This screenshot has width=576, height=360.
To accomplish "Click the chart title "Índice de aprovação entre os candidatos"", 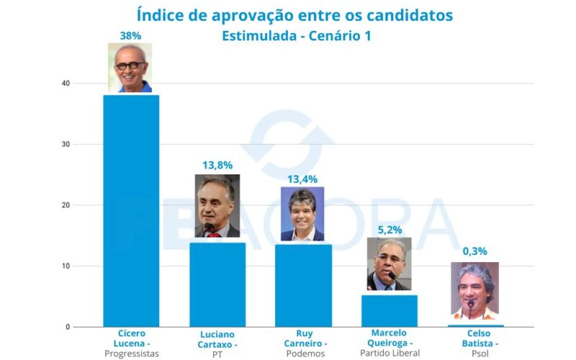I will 295,15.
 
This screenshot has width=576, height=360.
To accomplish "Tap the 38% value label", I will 130,34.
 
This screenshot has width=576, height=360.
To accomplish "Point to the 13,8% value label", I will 217,165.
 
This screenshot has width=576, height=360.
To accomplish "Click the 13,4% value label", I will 302,179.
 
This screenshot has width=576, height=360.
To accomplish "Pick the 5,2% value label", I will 390,230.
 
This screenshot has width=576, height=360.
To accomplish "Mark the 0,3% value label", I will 474,251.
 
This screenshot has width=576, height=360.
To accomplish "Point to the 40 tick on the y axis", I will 66,84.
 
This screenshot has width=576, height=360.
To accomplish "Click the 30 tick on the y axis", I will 66,145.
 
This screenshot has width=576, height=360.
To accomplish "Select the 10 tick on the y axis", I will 66,266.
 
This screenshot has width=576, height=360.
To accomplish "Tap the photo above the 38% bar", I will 130,68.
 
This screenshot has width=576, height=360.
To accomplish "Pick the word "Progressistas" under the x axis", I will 131,354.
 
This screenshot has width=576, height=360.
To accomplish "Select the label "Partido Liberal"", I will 390,353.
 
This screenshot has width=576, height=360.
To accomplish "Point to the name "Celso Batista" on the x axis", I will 474,338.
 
